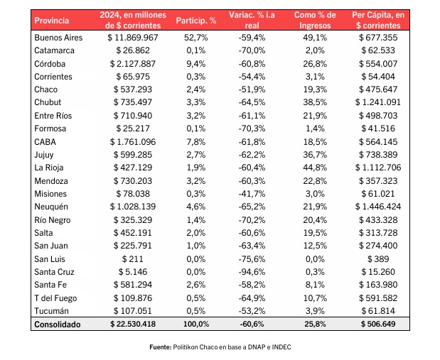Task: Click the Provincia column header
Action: point(52,21)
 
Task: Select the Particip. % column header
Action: point(196,21)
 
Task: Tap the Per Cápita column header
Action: point(378,20)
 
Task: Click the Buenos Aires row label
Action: point(58,38)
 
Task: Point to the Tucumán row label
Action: point(51,311)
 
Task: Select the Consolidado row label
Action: point(58,324)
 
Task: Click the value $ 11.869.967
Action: point(133,38)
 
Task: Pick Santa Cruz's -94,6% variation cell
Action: point(252,272)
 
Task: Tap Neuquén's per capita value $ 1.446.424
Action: point(378,207)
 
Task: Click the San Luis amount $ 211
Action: point(132,259)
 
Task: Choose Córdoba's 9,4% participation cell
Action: point(196,64)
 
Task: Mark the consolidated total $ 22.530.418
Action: point(133,324)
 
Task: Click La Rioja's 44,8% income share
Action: point(315,168)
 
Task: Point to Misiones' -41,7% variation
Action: point(252,194)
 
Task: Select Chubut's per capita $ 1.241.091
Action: point(378,102)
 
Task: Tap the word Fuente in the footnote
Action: point(160,347)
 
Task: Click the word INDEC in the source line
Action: point(281,347)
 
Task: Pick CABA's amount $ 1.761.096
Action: point(133,142)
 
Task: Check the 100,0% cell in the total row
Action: point(196,324)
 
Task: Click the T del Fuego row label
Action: point(55,298)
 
